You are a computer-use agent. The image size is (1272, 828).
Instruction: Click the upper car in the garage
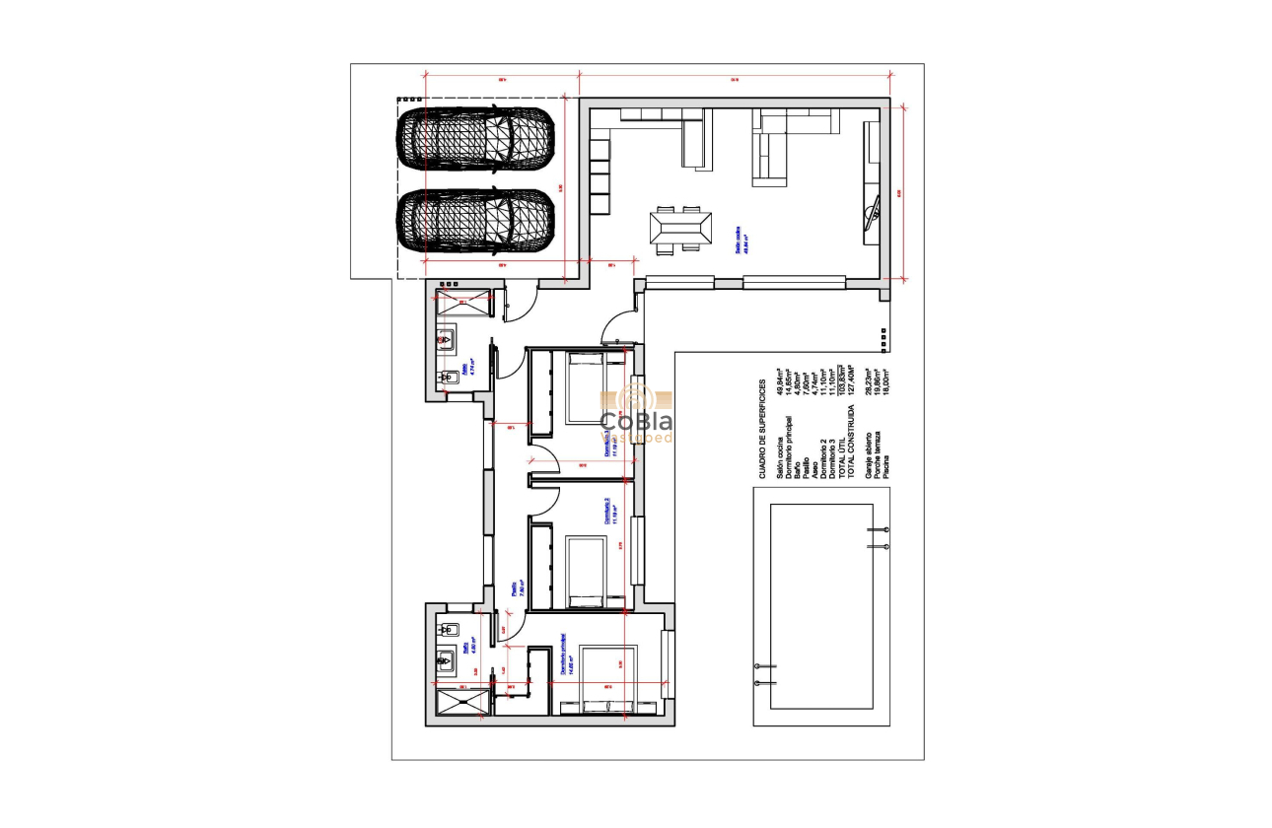pyautogui.click(x=476, y=139)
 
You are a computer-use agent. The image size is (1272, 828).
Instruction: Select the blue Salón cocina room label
pyautogui.click(x=740, y=241)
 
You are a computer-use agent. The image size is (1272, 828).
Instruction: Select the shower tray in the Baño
pyautogui.click(x=461, y=704)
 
